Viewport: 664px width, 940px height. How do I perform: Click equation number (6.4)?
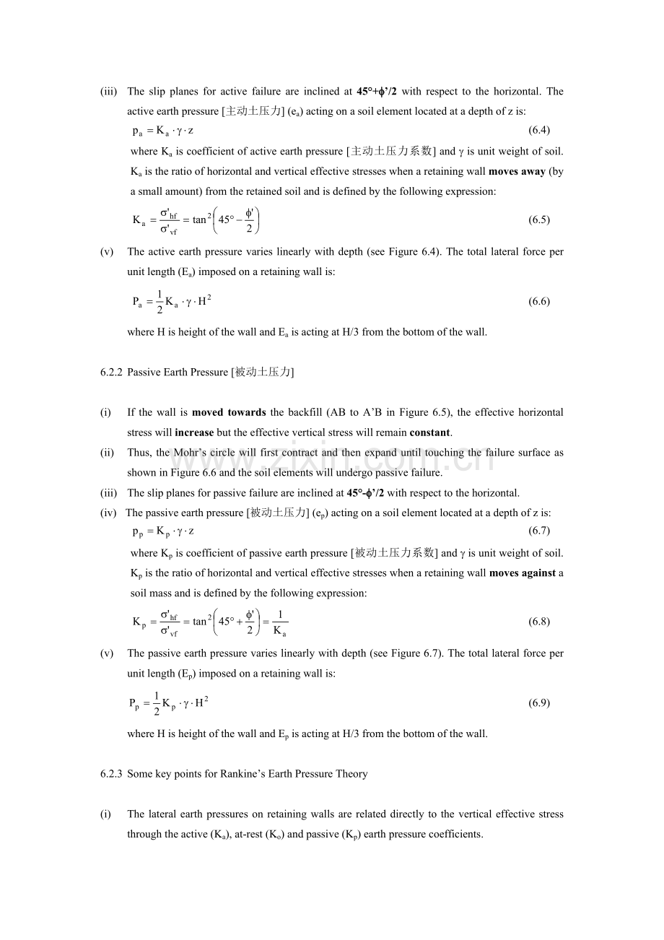pyautogui.click(x=539, y=131)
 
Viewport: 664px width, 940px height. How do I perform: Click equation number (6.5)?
pyautogui.click(x=539, y=220)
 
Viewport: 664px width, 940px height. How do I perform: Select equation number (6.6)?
pyautogui.click(x=539, y=302)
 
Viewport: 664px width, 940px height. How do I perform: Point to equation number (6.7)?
pyautogui.click(x=539, y=531)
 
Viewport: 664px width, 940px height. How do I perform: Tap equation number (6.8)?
pyautogui.click(x=539, y=622)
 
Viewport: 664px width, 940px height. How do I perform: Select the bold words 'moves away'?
pyautogui.click(x=517, y=172)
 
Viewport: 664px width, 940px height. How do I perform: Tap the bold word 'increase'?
pyautogui.click(x=194, y=433)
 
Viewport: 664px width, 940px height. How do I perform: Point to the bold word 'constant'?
pyautogui.click(x=429, y=433)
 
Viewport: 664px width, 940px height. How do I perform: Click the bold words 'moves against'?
pyautogui.click(x=523, y=573)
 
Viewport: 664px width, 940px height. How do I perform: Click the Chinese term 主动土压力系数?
pyautogui.click(x=391, y=152)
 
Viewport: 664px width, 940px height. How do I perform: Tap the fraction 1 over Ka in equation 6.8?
pyautogui.click(x=280, y=622)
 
